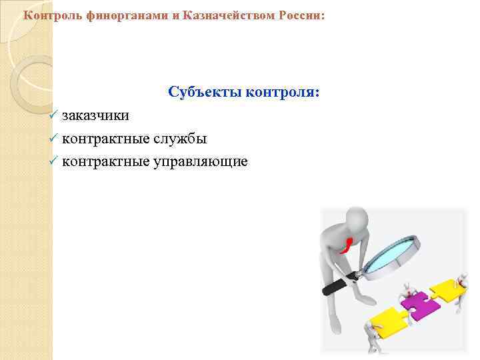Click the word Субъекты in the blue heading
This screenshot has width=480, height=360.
[x=205, y=91]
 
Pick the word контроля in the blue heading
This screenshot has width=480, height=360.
[x=283, y=91]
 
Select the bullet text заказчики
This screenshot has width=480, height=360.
[x=96, y=116]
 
